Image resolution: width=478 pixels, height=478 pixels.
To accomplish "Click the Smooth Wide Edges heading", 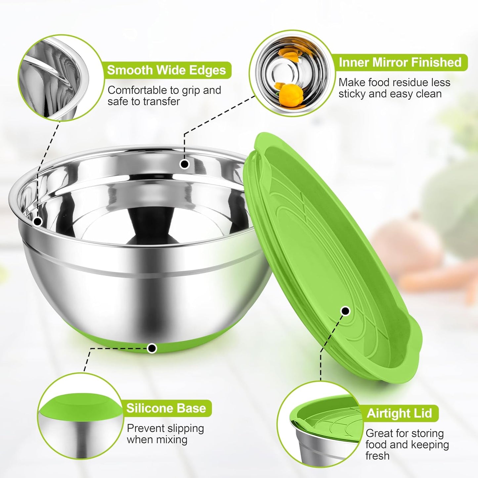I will pos(166,70).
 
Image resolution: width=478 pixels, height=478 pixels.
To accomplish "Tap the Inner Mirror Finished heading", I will pos(400,62).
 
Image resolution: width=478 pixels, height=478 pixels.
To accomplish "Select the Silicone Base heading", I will pos(166,408).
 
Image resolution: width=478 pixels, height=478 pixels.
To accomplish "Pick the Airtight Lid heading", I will pos(399,413).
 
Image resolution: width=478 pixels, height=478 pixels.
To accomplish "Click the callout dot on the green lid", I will pos(345,311).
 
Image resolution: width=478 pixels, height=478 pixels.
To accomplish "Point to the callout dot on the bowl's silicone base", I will pos(152,348).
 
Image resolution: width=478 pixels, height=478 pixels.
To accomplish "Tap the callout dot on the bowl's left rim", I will pos(38,221).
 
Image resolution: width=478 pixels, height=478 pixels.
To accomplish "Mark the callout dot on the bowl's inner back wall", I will pos(184,164).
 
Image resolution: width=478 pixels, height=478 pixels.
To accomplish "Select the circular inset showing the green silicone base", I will pos(80,416).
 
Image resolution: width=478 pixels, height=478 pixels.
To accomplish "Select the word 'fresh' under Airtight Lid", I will pos(377,456).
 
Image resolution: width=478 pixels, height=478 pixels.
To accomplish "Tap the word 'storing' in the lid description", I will pos(428,433).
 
